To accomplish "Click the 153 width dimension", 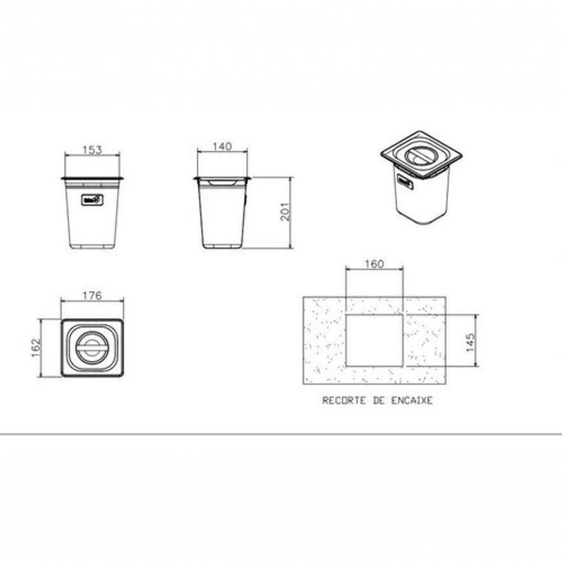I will tap(92, 149).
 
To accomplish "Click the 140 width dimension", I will tap(222, 147).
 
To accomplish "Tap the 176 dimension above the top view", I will tap(92, 296).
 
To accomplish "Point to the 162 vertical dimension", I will tap(35, 348).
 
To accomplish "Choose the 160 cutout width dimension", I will tap(374, 264).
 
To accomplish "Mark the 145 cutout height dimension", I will tap(470, 340).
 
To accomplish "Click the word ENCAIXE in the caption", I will tap(413, 401).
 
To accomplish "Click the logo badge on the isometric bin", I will tap(406, 181).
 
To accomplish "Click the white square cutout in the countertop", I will tap(374, 339).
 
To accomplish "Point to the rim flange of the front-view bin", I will tap(92, 179).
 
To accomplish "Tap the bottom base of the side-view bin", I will tap(222, 246).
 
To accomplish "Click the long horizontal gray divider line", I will tap(281, 434).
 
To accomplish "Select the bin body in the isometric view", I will tap(422, 200).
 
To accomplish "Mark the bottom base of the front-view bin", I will tap(92, 246).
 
